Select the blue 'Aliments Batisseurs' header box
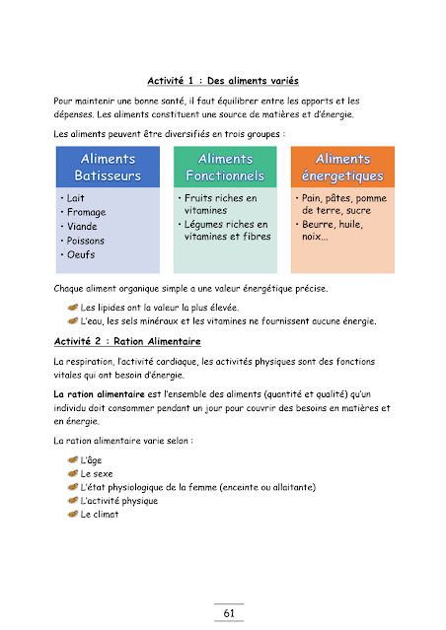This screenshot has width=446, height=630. pyautogui.click(x=108, y=167)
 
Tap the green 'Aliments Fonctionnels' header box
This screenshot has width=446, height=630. pyautogui.click(x=225, y=167)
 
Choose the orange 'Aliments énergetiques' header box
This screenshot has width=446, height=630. pyautogui.click(x=342, y=167)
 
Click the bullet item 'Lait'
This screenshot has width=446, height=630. pyautogui.click(x=76, y=198)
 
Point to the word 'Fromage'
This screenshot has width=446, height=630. pyautogui.click(x=86, y=212)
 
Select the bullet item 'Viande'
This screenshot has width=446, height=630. pyautogui.click(x=82, y=226)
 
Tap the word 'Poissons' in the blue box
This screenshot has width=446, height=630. pyautogui.click(x=86, y=240)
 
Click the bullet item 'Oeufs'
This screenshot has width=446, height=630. pyautogui.click(x=81, y=253)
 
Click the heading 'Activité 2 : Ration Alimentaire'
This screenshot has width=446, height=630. pyautogui.click(x=126, y=342)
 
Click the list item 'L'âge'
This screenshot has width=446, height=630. pyautogui.click(x=91, y=460)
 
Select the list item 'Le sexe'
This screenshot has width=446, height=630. pyautogui.click(x=97, y=473)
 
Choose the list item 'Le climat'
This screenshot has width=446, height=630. pyautogui.click(x=100, y=514)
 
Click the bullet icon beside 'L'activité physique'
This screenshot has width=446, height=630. pyautogui.click(x=72, y=500)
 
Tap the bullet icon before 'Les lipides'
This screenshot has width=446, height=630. pyautogui.click(x=72, y=307)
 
